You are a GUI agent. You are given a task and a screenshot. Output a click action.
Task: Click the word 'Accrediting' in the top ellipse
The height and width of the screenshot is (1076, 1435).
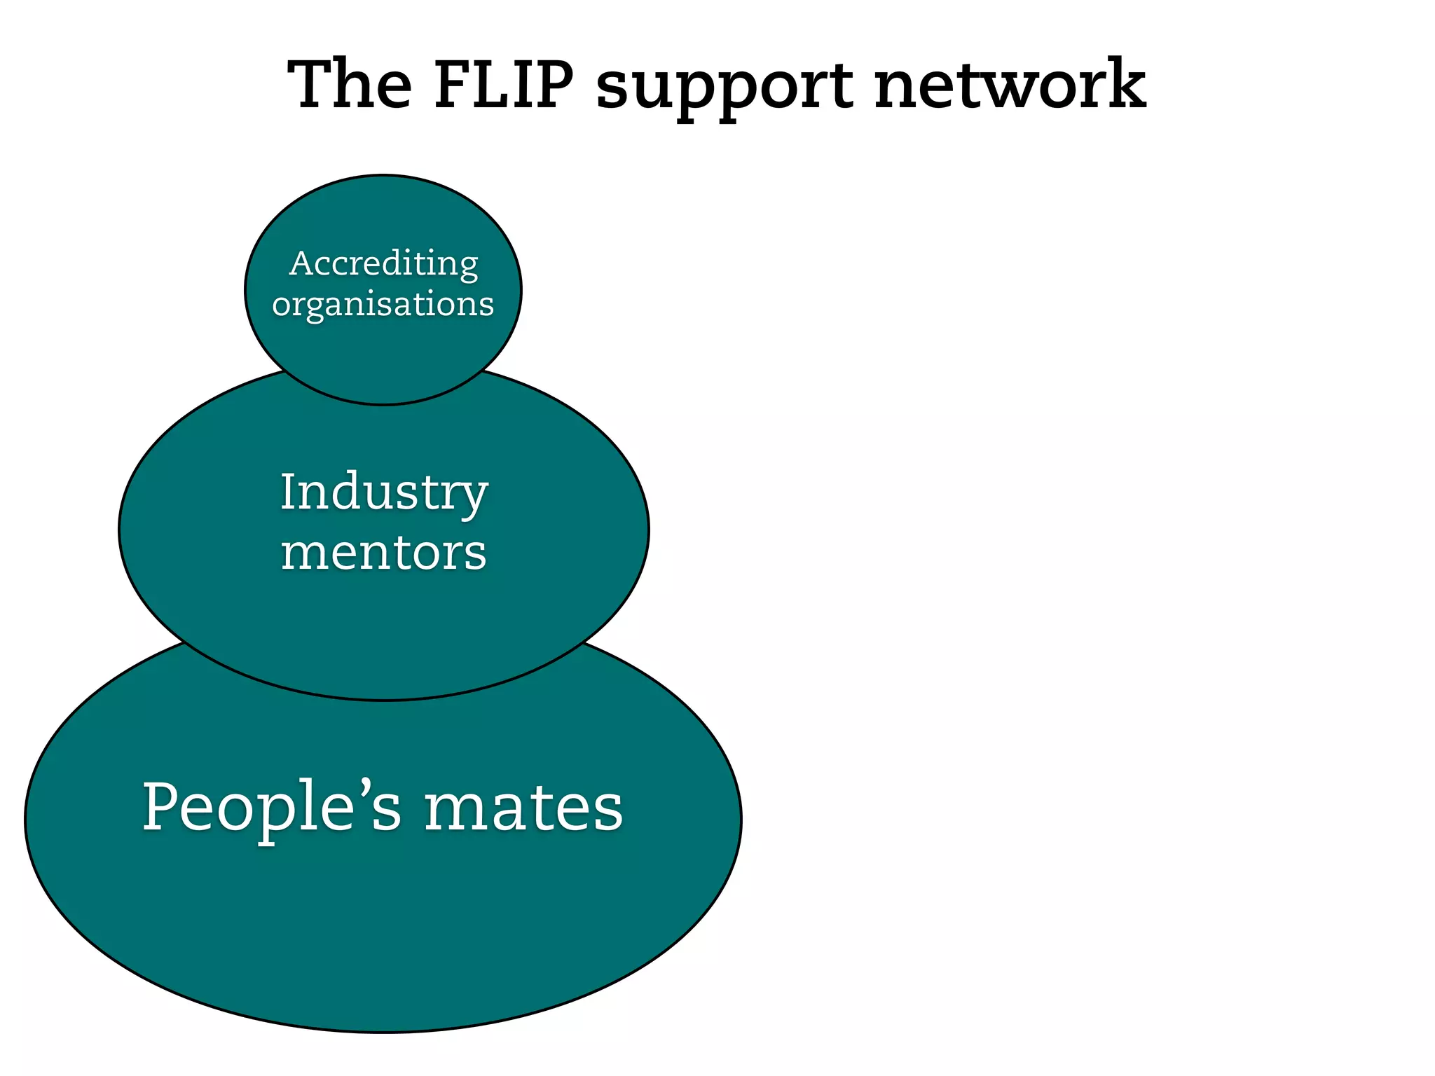pos(383,264)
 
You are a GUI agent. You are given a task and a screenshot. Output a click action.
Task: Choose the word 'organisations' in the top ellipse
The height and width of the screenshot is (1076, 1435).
pos(383,305)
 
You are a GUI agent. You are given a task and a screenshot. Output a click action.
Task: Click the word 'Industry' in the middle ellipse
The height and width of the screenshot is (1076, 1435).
pos(383,492)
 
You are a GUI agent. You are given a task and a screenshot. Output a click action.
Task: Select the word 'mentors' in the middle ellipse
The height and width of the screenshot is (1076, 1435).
pos(383,553)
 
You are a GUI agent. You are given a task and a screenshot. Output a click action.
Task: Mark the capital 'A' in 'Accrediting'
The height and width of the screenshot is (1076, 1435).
pos(301,263)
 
